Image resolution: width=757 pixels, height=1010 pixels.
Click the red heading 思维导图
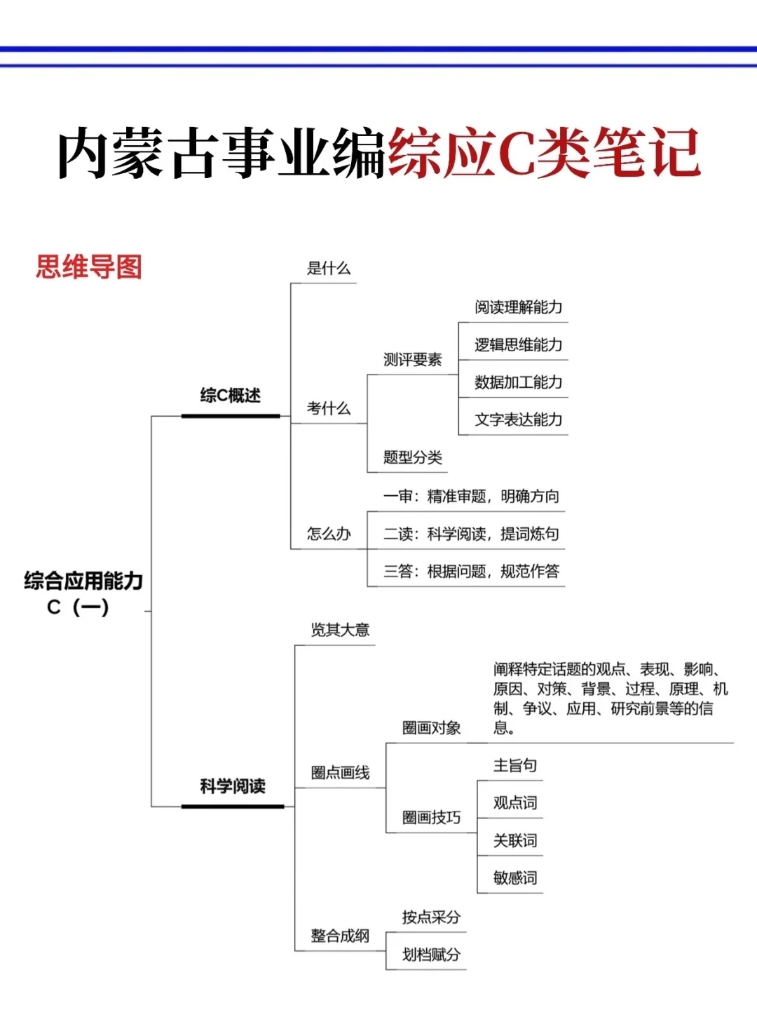coord(89,267)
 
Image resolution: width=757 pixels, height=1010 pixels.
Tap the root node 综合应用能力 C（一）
coord(83,593)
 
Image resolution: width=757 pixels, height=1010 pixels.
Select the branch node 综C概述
coord(230,396)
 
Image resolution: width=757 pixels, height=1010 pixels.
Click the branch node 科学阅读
coord(233,786)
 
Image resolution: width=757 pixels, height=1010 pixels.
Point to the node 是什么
coord(328,268)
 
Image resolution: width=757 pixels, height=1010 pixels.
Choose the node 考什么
coord(328,408)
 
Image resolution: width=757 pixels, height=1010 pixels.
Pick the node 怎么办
coord(328,534)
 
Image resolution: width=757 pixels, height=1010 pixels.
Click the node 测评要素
coord(412,360)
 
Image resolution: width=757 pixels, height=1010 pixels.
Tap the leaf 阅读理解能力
coord(518,307)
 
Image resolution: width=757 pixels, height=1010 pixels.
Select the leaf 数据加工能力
coord(518,382)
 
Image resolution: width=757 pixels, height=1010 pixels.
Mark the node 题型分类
coord(412,458)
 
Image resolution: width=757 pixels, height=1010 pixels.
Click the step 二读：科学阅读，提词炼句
coord(471,534)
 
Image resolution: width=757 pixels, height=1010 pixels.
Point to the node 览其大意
coord(340,630)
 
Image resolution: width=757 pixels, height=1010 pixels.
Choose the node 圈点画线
coord(340,773)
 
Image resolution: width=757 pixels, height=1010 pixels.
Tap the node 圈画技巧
coord(431,817)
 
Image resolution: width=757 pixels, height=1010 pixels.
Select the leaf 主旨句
coord(515,765)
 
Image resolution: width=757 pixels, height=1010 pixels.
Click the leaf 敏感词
coord(515,877)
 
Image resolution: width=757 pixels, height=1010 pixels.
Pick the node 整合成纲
coord(340,936)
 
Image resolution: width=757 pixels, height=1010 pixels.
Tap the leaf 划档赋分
coord(431,955)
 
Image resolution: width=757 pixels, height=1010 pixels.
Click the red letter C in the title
coord(517,154)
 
